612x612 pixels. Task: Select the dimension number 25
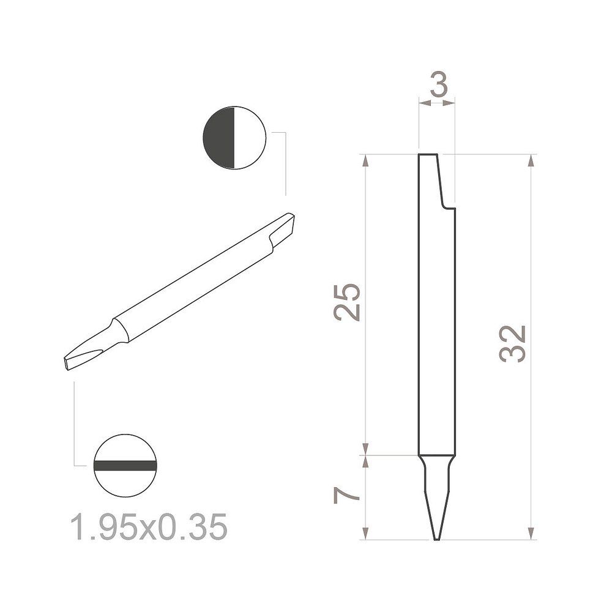348,302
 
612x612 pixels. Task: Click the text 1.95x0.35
149,527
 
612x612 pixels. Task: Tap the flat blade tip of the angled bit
69,362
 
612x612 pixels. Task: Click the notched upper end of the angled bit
282,227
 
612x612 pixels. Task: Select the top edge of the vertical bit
427,154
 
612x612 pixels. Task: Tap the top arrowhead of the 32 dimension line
530,160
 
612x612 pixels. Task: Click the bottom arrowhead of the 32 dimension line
530,534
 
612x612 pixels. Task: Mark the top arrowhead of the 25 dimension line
365,160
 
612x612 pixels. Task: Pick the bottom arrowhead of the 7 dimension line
365,534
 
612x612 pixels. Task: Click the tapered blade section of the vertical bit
437,496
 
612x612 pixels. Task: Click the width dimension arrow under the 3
438,103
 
